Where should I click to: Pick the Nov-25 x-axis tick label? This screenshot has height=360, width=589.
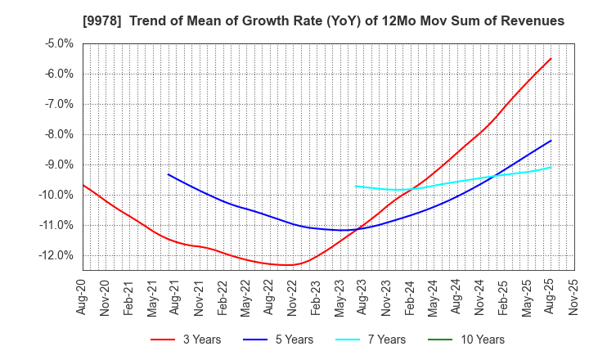click(573, 298)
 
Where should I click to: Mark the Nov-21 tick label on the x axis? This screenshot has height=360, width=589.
click(200, 298)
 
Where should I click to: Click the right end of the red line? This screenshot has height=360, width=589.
click(551, 58)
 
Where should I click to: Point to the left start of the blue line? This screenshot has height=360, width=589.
click(169, 174)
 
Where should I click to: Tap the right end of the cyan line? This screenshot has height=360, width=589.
click(551, 167)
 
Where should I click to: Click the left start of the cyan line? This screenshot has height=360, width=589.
click(356, 186)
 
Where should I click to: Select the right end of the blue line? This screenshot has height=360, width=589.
click(551, 141)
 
